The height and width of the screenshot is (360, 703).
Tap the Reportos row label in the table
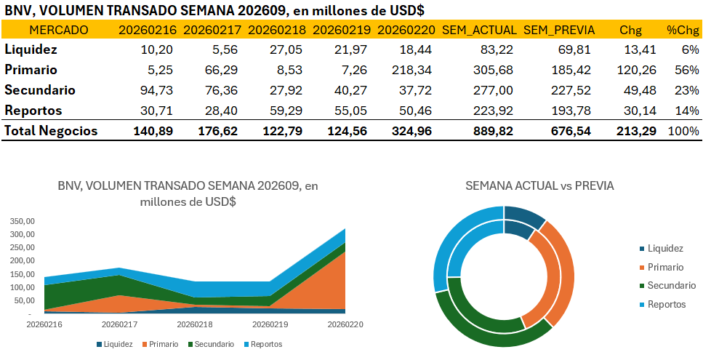(x=33, y=111)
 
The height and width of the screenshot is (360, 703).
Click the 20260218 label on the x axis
(x=195, y=324)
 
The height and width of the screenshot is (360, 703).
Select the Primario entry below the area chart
(x=160, y=344)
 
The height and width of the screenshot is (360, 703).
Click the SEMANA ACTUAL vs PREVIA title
(x=539, y=186)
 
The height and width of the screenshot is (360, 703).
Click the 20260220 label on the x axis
(x=345, y=324)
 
